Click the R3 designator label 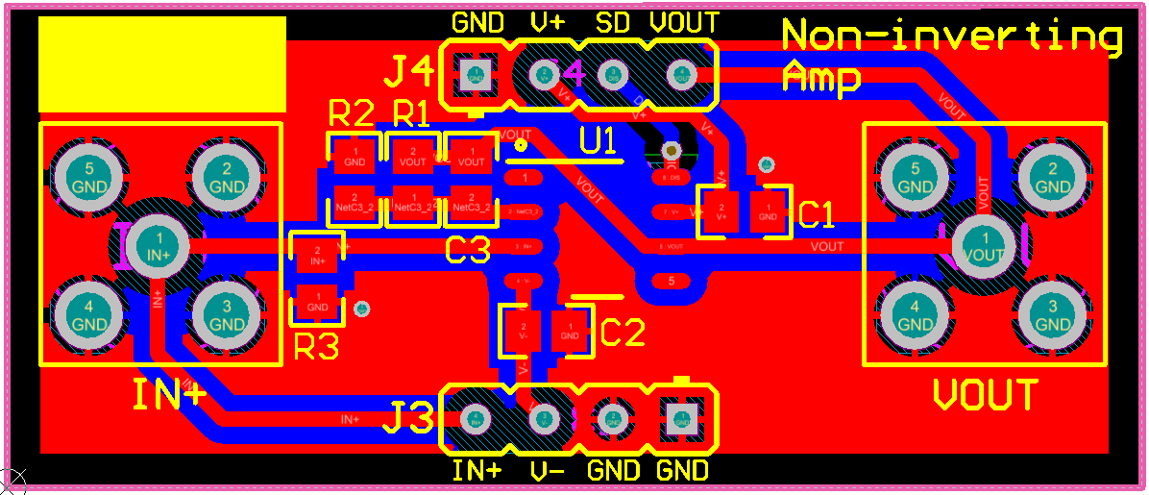pyautogui.click(x=316, y=347)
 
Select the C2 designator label pyautogui.click(x=623, y=333)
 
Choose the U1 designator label pyautogui.click(x=598, y=142)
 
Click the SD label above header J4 pyautogui.click(x=612, y=22)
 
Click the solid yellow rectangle pyautogui.click(x=162, y=64)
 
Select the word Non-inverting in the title pyautogui.click(x=951, y=37)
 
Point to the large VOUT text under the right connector pyautogui.click(x=986, y=395)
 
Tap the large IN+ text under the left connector pyautogui.click(x=169, y=395)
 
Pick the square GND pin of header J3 pyautogui.click(x=681, y=418)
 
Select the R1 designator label pyautogui.click(x=412, y=114)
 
